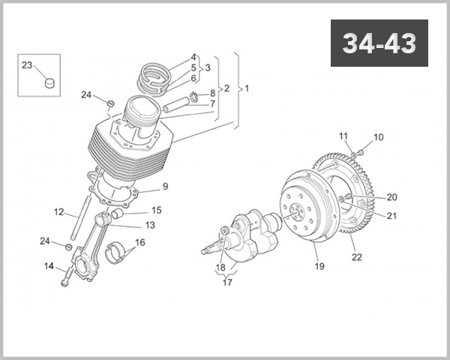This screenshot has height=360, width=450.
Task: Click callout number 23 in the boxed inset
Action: click(x=26, y=66)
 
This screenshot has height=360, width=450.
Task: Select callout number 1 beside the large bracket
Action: click(x=247, y=88)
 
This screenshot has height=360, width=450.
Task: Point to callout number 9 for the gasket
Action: click(x=164, y=186)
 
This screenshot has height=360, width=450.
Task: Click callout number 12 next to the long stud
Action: click(x=59, y=211)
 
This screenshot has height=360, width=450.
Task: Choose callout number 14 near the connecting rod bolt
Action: click(x=49, y=266)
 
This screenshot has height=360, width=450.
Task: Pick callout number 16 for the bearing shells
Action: click(x=139, y=243)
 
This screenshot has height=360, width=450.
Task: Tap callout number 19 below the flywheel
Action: click(x=319, y=266)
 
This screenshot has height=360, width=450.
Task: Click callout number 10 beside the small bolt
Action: click(x=378, y=137)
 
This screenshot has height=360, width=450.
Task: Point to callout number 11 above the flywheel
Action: click(x=343, y=136)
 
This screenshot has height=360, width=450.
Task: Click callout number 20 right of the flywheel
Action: click(x=391, y=197)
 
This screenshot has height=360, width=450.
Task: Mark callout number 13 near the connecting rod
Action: click(x=150, y=225)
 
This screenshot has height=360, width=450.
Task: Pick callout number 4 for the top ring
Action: click(x=193, y=57)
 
